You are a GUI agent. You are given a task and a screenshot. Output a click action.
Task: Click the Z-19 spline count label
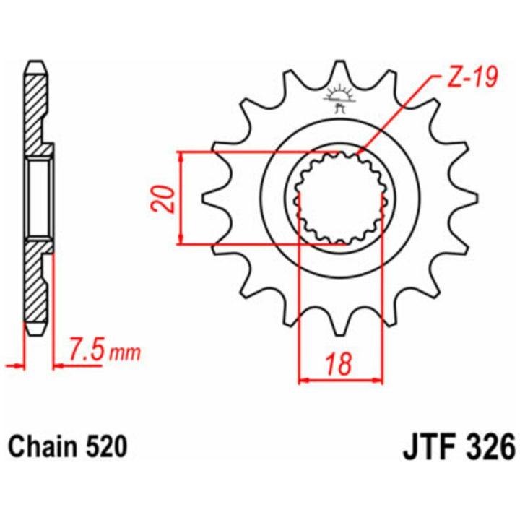point(472,78)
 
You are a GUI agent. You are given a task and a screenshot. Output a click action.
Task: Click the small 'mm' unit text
point(125,353)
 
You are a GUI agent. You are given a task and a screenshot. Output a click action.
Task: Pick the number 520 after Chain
point(106,447)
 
